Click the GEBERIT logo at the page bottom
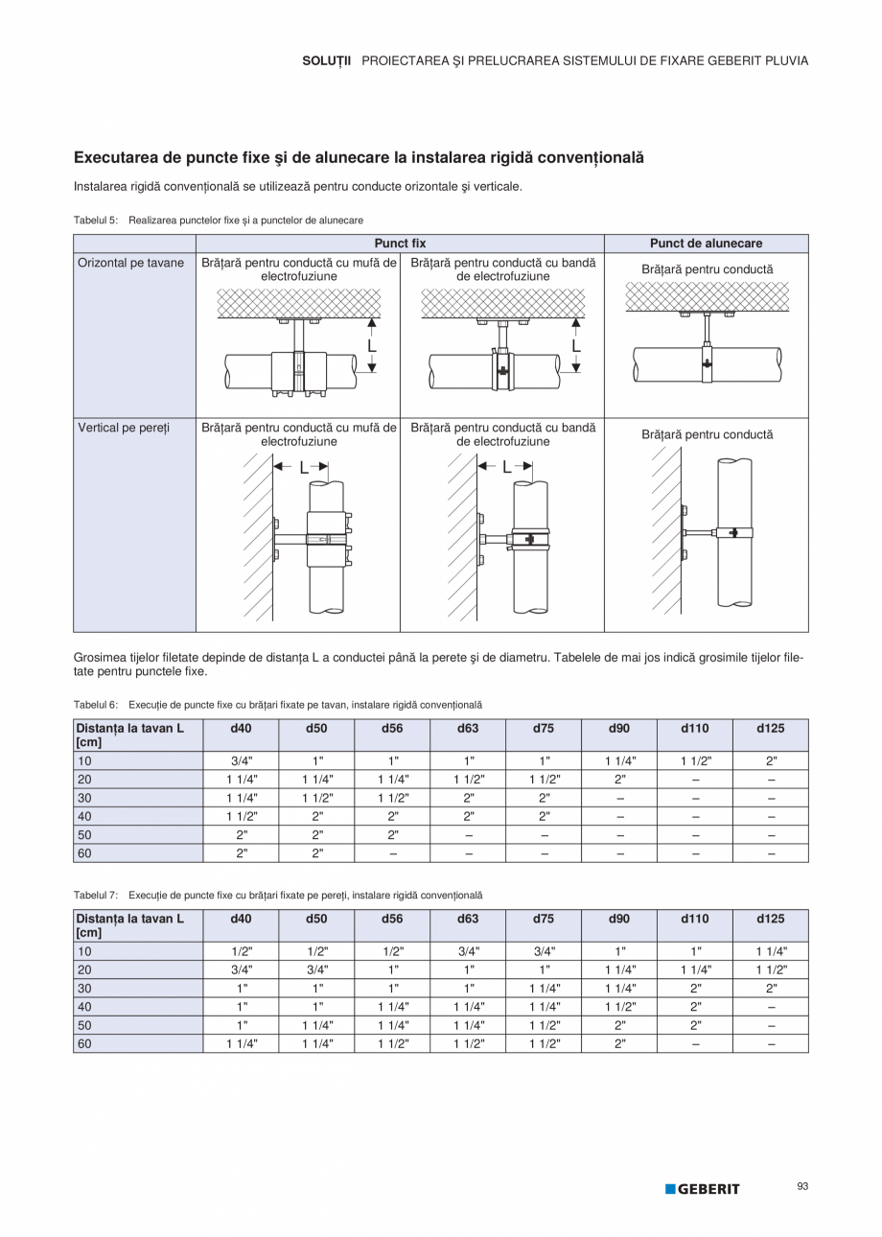[703, 1189]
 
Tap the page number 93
[802, 1186]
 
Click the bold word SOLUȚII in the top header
[327, 60]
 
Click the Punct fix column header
[400, 244]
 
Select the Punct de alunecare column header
[706, 244]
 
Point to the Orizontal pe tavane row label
[130, 263]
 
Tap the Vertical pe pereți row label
[123, 428]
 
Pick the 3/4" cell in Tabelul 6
[241, 760]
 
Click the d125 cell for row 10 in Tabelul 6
[770, 760]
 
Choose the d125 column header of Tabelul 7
[770, 919]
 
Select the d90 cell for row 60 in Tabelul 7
[619, 1043]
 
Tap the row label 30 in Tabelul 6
[84, 798]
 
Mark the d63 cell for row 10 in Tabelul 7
[468, 951]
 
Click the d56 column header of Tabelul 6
[392, 729]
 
